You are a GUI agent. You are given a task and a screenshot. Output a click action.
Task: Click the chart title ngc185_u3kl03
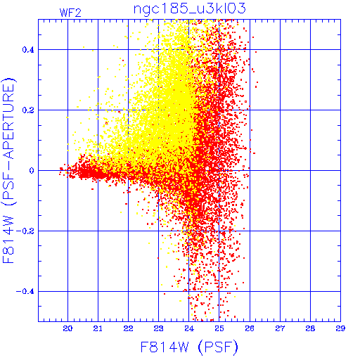(189, 8)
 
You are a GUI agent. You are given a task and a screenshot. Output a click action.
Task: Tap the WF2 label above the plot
(70, 13)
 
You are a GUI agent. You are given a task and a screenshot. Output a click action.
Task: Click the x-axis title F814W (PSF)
(189, 347)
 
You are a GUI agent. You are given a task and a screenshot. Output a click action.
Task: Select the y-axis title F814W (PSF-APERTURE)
(9, 170)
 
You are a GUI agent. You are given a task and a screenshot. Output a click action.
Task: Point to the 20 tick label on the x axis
(67, 328)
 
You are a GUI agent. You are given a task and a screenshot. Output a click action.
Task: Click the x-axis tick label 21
(98, 328)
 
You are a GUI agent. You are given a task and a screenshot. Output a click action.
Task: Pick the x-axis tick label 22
(128, 328)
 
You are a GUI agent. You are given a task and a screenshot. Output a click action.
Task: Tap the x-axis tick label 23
(159, 328)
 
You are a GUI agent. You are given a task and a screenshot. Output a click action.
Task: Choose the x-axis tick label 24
(189, 328)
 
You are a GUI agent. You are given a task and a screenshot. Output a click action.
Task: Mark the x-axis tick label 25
(219, 328)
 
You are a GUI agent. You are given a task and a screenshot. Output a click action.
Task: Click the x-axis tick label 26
(250, 328)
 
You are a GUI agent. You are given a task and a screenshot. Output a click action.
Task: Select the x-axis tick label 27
(280, 328)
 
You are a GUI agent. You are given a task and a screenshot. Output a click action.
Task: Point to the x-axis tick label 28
(310, 328)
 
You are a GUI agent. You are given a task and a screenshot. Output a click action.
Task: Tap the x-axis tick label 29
(340, 328)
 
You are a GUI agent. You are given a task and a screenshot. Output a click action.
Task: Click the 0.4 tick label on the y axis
(28, 50)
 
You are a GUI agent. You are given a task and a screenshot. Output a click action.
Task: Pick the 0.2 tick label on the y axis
(28, 110)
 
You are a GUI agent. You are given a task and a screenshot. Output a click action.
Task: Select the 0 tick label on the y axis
(32, 171)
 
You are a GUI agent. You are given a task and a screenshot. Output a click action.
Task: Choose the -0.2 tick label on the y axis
(25, 231)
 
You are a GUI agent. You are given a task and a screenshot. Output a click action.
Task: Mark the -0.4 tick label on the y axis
(25, 292)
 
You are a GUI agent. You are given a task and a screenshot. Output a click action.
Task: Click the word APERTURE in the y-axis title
(9, 121)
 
